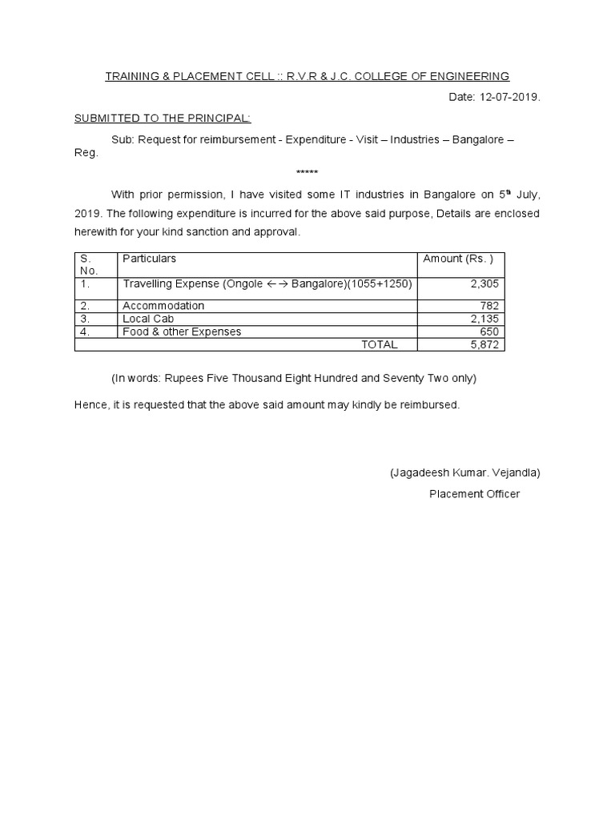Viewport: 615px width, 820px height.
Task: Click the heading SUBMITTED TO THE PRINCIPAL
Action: click(x=163, y=119)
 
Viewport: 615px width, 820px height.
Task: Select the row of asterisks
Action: click(x=307, y=173)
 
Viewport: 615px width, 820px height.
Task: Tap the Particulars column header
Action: click(x=149, y=259)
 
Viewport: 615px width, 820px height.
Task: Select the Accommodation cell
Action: click(x=163, y=306)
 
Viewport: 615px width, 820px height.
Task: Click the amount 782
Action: click(x=490, y=306)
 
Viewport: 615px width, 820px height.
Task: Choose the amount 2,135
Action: click(x=484, y=319)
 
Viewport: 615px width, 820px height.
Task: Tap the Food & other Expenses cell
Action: click(x=182, y=332)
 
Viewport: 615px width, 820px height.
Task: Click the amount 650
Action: click(x=490, y=332)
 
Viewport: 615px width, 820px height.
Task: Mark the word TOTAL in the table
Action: click(x=379, y=344)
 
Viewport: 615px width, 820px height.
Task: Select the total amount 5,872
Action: click(x=484, y=344)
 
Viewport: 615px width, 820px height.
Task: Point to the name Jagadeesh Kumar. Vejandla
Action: click(x=465, y=472)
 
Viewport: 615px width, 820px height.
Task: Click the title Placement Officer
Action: click(x=474, y=494)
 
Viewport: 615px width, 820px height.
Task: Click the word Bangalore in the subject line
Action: click(x=478, y=139)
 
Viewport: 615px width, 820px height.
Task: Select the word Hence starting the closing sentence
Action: click(x=90, y=405)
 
